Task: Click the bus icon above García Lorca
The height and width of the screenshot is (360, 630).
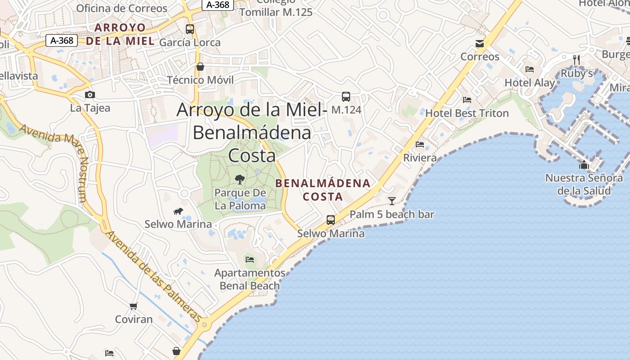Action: (x=190, y=29)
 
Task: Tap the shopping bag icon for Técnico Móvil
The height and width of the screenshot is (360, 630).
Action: (x=200, y=67)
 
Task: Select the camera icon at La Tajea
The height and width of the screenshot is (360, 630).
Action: (x=90, y=94)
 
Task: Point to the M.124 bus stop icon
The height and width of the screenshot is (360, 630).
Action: (x=346, y=96)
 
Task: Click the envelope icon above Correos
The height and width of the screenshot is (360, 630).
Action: (x=480, y=44)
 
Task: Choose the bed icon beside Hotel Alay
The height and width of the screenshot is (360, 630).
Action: (x=530, y=69)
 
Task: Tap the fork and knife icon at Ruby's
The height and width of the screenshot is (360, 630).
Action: (x=576, y=59)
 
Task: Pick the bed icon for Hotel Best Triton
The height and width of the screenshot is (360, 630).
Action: (x=467, y=100)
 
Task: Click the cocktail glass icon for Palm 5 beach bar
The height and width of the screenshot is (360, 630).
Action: (x=392, y=201)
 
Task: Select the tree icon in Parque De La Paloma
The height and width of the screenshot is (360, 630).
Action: (x=240, y=180)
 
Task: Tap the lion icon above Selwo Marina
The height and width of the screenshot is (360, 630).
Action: (x=178, y=211)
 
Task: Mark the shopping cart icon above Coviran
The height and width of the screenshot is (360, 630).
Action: (x=133, y=306)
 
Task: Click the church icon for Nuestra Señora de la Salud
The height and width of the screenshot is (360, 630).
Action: (x=584, y=165)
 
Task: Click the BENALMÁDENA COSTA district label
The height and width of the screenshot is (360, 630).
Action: (x=323, y=190)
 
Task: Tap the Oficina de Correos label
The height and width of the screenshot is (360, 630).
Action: (x=121, y=8)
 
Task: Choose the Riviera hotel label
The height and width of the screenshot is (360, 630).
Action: (x=420, y=158)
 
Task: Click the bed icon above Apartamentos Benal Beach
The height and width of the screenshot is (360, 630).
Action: (x=250, y=259)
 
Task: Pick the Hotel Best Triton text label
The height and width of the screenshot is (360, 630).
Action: (x=467, y=113)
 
